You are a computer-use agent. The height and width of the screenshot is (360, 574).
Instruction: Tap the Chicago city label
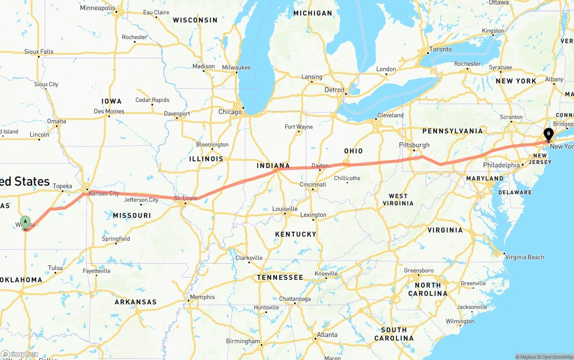pyautogui.click(x=230, y=112)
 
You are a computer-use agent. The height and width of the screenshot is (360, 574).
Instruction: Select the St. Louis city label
pyautogui.click(x=185, y=198)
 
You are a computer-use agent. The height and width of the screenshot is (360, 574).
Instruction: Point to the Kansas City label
pyautogui.click(x=104, y=193)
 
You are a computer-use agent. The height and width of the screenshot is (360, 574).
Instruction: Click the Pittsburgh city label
pyautogui.click(x=414, y=145)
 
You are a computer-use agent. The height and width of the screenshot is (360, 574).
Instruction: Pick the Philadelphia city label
pyautogui.click(x=501, y=165)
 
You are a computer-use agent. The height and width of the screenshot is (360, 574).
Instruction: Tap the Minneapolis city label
pyautogui.click(x=97, y=8)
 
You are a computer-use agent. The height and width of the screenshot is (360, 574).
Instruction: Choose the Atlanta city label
pyautogui.click(x=327, y=334)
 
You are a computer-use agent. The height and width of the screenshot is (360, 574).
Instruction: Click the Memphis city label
pyautogui.click(x=202, y=297)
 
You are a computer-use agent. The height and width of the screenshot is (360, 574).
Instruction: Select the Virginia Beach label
pyautogui.click(x=525, y=257)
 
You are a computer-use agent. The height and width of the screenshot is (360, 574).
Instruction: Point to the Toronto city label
pyautogui.click(x=440, y=49)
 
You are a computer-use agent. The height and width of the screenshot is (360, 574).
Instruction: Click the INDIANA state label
pyautogui.click(x=274, y=166)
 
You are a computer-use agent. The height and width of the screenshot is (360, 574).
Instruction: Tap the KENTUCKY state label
pyautogui.click(x=296, y=234)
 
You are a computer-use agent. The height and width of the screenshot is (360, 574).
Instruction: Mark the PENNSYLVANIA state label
pyautogui.click(x=452, y=131)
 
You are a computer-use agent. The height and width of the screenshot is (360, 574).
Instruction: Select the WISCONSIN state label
pyautogui.click(x=195, y=20)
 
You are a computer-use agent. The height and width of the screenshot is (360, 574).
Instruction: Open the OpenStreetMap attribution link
pyautogui.click(x=556, y=357)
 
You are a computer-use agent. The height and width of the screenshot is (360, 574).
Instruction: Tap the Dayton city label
pyautogui.click(x=320, y=166)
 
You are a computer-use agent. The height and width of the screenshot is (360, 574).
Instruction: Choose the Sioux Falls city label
pyautogui.click(x=39, y=52)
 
